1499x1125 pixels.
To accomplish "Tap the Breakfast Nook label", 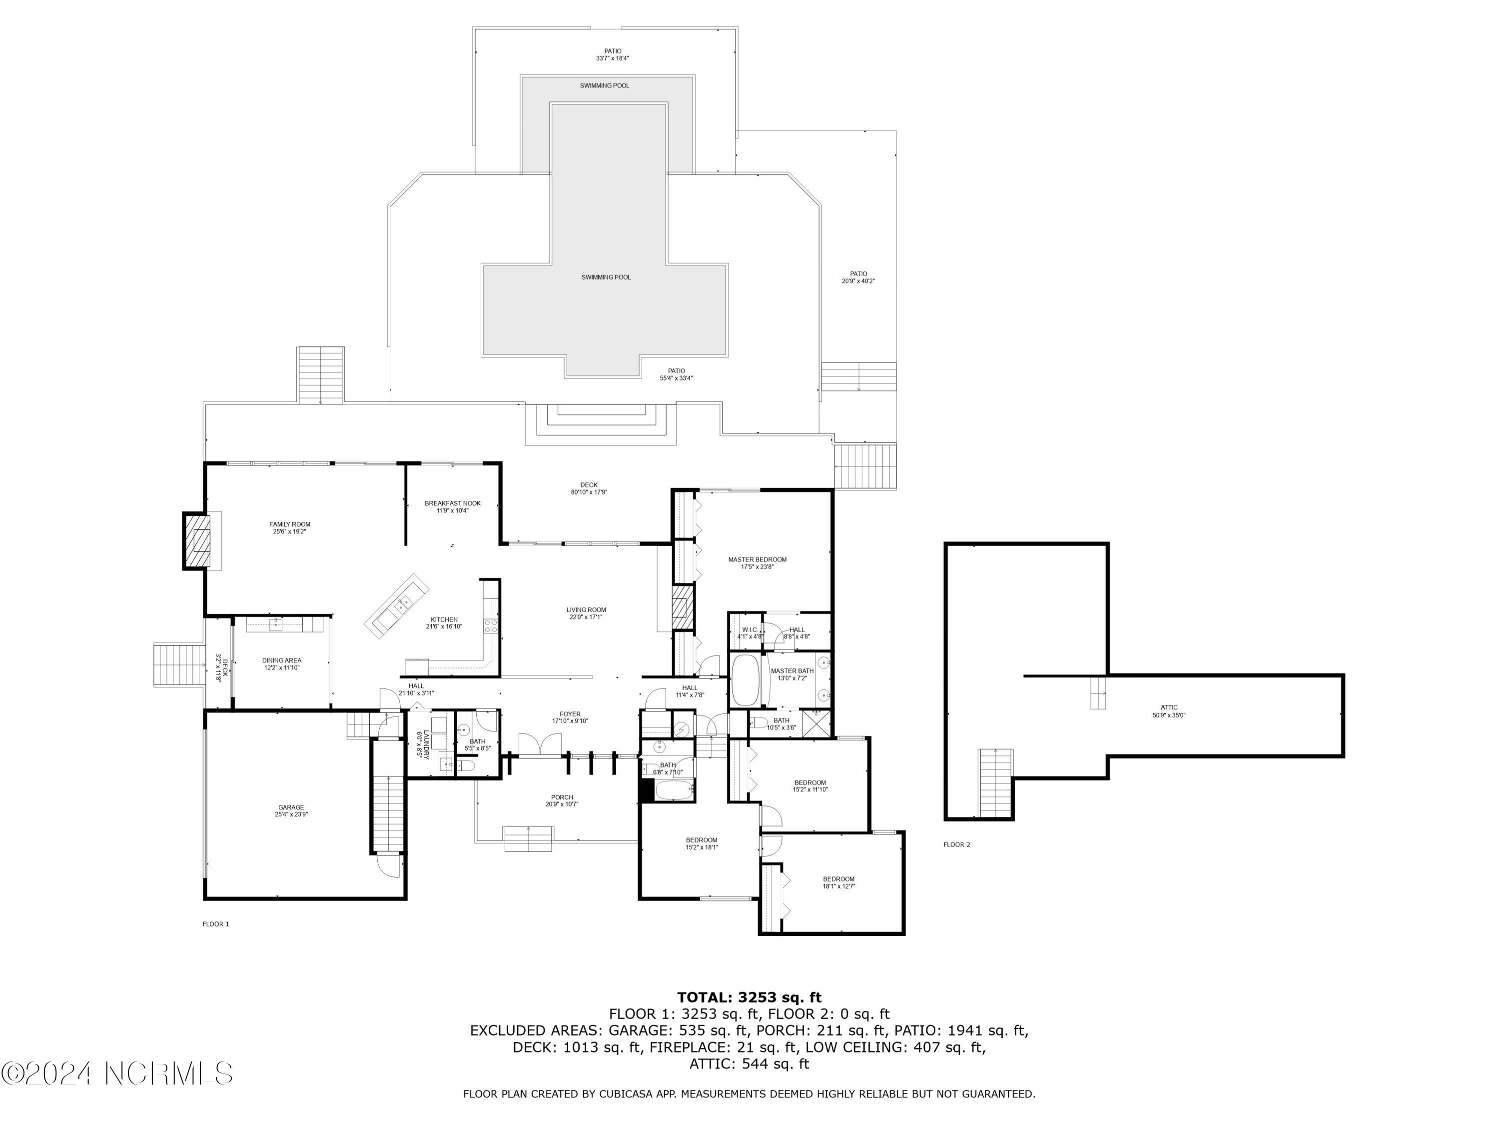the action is click(453, 506).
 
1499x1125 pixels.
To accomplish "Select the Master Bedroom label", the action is click(757, 563).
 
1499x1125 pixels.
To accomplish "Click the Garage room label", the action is click(291, 811).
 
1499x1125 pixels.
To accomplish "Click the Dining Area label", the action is click(282, 664).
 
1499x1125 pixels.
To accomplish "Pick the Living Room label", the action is click(586, 613).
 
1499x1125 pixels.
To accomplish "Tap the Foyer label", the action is click(570, 717).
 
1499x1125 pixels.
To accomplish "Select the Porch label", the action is click(562, 801).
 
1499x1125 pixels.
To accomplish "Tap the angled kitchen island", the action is click(397, 605).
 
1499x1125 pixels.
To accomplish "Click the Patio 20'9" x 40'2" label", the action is click(858, 277).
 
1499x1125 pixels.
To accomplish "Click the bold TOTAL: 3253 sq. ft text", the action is click(749, 997).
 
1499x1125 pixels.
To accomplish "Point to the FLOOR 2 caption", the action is click(957, 845).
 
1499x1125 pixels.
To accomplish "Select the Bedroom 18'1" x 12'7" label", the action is click(839, 882).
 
